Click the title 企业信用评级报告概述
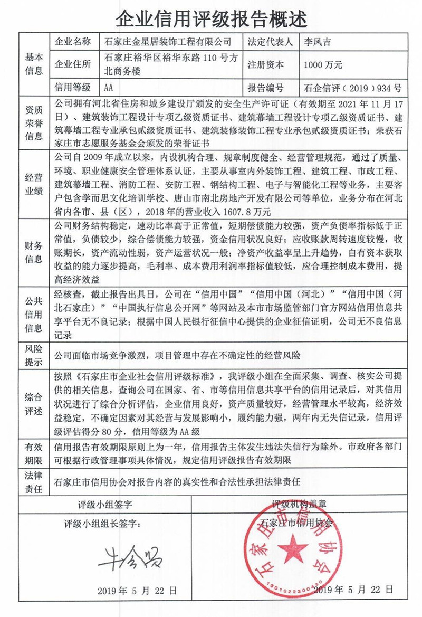point(211,18)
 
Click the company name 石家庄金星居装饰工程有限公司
point(168,41)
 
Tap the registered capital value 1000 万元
point(323,65)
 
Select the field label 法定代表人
point(269,41)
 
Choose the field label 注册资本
point(265,65)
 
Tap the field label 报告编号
point(265,88)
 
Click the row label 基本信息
point(34,64)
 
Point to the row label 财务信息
point(34,251)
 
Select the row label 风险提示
point(34,355)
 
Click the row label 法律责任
point(34,481)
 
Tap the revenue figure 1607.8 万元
point(244,213)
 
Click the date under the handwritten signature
point(137,591)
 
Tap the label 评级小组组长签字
point(102,524)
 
